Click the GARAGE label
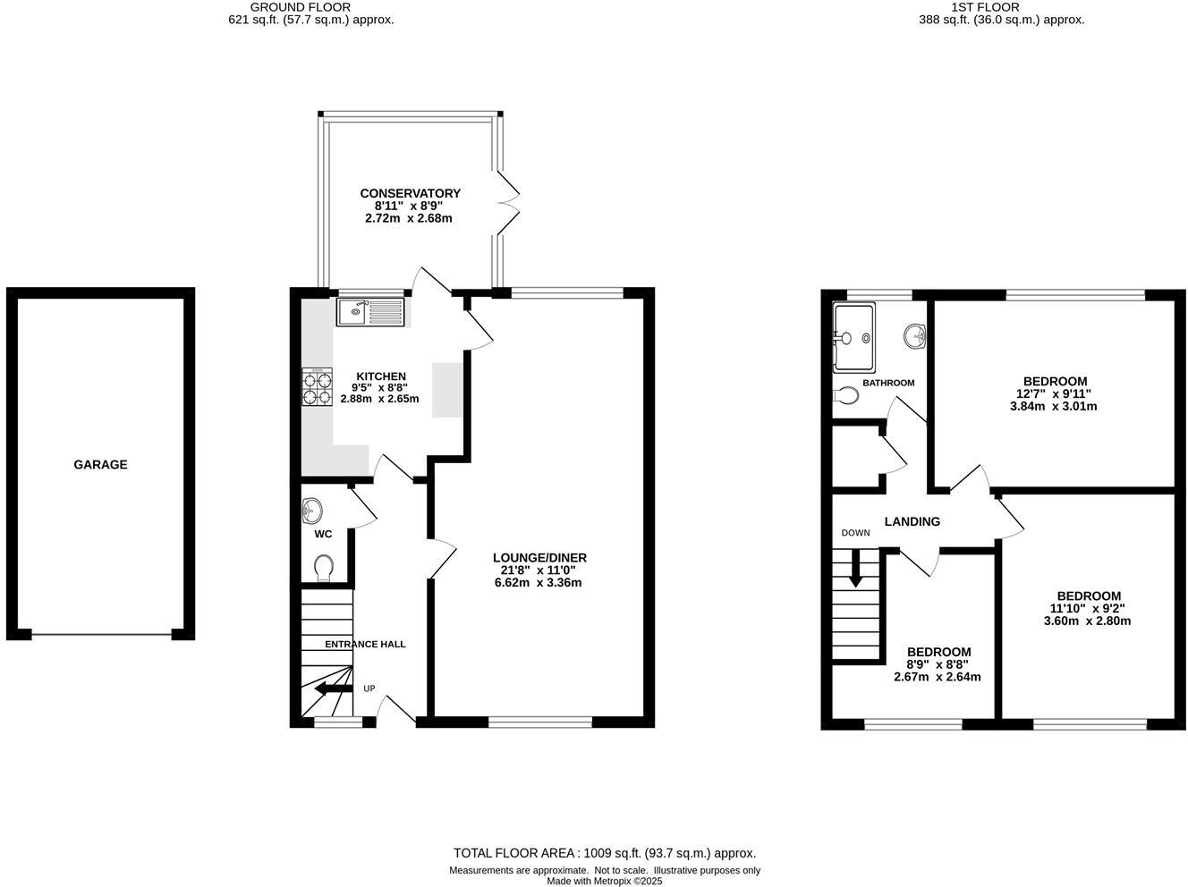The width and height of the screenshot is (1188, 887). pyautogui.click(x=100, y=465)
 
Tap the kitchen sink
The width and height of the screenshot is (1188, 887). pyautogui.click(x=371, y=312)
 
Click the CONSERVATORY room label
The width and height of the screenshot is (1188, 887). pyautogui.click(x=410, y=193)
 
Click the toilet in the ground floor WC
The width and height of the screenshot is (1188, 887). pyautogui.click(x=324, y=567)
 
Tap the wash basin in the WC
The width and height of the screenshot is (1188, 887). pyautogui.click(x=312, y=511)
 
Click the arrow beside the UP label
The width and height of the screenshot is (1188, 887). pyautogui.click(x=333, y=688)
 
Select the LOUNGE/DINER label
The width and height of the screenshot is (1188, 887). pyautogui.click(x=539, y=558)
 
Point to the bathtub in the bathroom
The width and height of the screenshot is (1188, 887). pyautogui.click(x=853, y=338)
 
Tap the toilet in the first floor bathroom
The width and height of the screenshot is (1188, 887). pyautogui.click(x=845, y=395)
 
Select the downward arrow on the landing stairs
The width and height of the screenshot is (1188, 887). pyautogui.click(x=855, y=569)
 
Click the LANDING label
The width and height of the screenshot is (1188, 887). pyautogui.click(x=912, y=521)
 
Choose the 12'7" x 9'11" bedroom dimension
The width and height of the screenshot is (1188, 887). pyautogui.click(x=1053, y=393)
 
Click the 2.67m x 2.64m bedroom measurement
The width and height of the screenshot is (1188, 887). pyautogui.click(x=937, y=677)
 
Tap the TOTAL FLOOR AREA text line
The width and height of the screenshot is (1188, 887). pyautogui.click(x=605, y=853)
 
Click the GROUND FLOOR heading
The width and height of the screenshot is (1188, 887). pyautogui.click(x=312, y=7)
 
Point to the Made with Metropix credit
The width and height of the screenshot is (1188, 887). pyautogui.click(x=605, y=881)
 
